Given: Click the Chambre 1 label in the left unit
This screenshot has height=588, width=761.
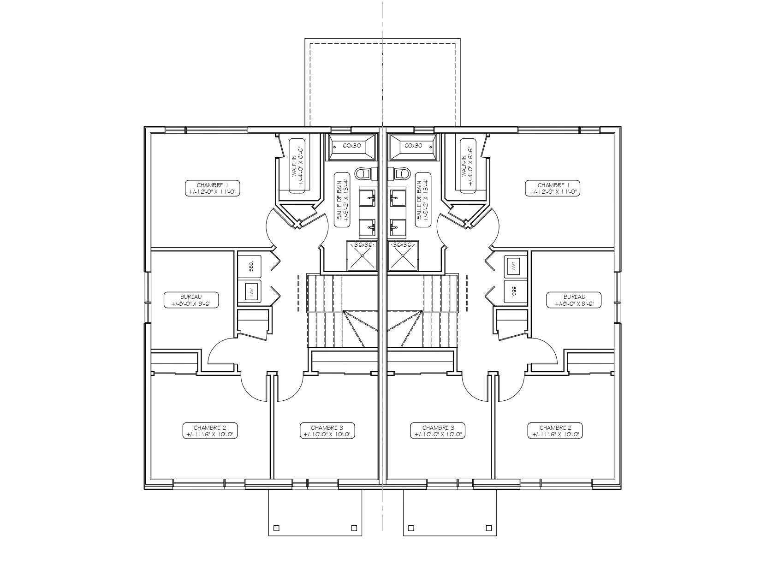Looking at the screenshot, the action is pyautogui.click(x=213, y=188).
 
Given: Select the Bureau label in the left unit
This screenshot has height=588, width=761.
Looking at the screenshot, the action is pyautogui.click(x=191, y=300).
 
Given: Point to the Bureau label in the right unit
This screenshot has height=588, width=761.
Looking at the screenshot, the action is pyautogui.click(x=574, y=300).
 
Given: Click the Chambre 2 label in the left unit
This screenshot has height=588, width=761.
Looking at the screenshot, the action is pyautogui.click(x=210, y=430).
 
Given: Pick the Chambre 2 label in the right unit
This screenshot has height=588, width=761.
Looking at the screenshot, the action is pyautogui.click(x=555, y=430).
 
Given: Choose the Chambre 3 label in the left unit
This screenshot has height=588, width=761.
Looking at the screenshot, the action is pyautogui.click(x=327, y=430).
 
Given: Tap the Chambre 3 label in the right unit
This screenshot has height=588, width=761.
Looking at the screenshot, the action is pyautogui.click(x=438, y=430).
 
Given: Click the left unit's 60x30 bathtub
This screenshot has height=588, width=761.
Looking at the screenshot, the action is pyautogui.click(x=351, y=147).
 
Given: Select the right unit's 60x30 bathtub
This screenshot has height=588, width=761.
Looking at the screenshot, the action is pyautogui.click(x=414, y=147).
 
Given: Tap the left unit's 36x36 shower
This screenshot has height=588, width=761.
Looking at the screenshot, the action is pyautogui.click(x=362, y=255).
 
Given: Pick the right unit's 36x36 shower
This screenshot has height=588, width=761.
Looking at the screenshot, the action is pyautogui.click(x=403, y=255).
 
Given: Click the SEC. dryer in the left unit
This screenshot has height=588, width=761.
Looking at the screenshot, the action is pyautogui.click(x=250, y=267).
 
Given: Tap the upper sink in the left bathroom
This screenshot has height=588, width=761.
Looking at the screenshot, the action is pyautogui.click(x=367, y=199).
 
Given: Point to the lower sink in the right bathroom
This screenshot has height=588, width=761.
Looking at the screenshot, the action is pyautogui.click(x=398, y=228).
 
